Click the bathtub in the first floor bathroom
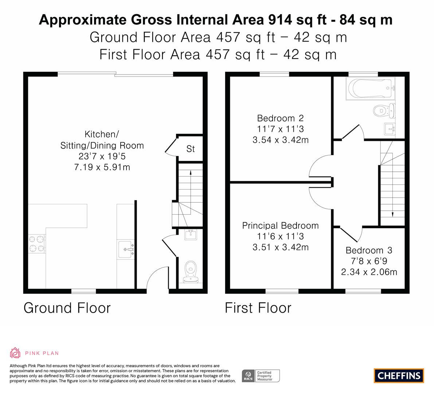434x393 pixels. coord(370,88)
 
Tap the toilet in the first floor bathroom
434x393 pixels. coord(384,111)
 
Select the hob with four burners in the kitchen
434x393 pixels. coord(37,244)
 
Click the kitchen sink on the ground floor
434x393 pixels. coord(126,250)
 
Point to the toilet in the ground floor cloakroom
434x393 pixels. coord(191,272)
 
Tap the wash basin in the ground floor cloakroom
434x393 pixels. coord(191,235)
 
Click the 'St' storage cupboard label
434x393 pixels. coord(191,149)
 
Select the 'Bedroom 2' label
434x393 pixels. coord(280,118)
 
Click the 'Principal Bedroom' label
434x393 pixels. coord(280,226)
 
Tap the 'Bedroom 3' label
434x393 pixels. coord(369,250)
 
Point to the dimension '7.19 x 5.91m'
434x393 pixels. coord(102,167)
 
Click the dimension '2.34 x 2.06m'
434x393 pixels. coord(369,272)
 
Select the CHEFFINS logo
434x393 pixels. coord(399,376)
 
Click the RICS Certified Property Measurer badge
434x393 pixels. coord(261,376)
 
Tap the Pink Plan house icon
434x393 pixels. coord(15,353)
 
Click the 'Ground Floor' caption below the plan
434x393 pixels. coord(67,308)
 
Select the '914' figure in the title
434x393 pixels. coord(280,20)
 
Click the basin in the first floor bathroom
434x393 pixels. coord(390,129)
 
